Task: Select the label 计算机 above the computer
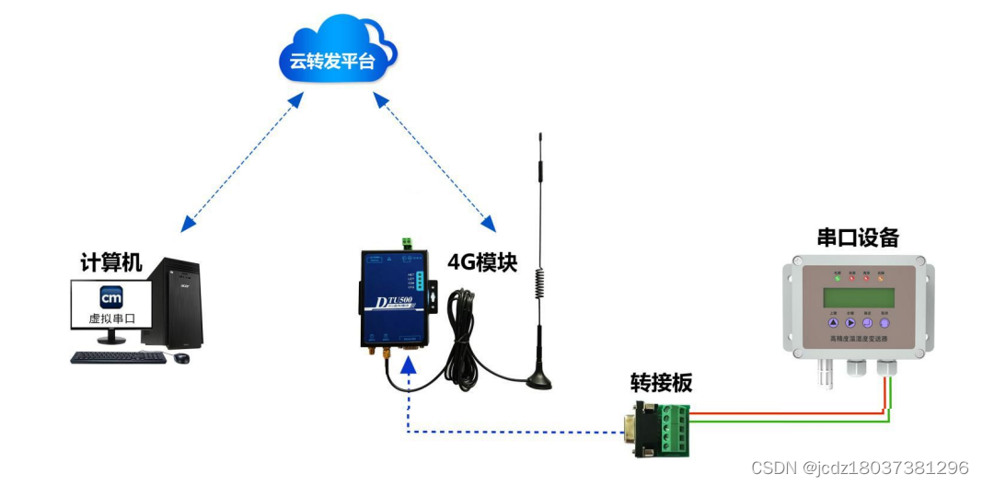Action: pos(111,262)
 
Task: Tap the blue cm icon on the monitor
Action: pos(111,298)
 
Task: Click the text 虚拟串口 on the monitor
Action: pos(111,319)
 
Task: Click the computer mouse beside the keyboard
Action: pos(182,357)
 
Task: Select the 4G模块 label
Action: pos(482,262)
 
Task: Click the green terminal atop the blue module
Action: pos(406,242)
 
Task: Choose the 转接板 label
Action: pos(660,383)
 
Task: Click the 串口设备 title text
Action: pos(857,237)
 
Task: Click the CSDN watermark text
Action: pos(860,468)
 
